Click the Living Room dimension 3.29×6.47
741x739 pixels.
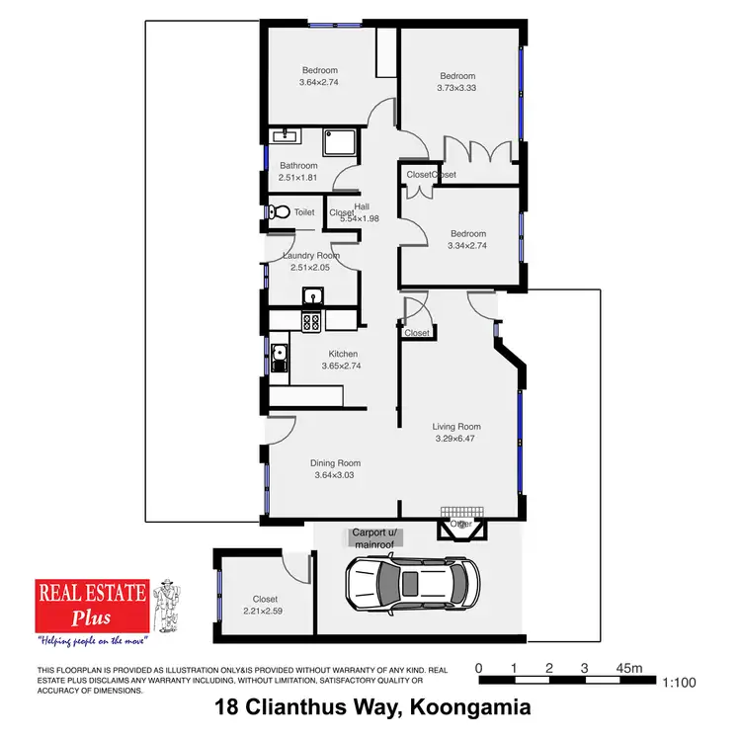coord(456,440)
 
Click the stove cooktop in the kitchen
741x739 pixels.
coord(311,321)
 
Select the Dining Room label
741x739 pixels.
coord(336,462)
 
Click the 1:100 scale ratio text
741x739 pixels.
coord(679,683)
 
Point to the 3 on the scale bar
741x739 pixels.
coord(584,669)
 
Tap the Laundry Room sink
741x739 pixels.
coord(312,294)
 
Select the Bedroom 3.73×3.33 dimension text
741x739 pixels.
coord(457,88)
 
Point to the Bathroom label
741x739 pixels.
coord(298,165)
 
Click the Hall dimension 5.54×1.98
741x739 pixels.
coord(360,218)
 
